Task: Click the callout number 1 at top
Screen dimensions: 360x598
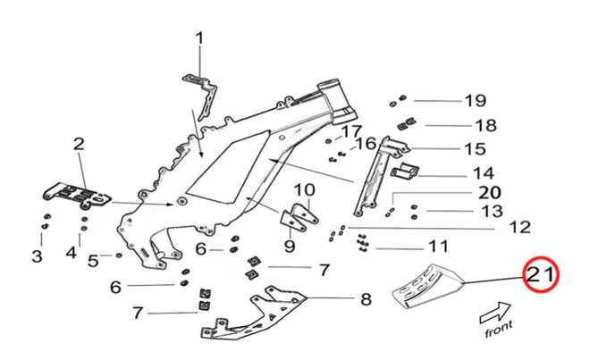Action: tap(199, 38)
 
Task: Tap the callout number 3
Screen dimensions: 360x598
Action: tap(37, 256)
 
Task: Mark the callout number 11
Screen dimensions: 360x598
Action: tap(437, 246)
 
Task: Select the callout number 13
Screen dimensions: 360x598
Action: tap(493, 211)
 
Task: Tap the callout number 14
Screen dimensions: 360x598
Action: tap(484, 173)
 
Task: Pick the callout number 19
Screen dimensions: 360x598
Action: tap(474, 100)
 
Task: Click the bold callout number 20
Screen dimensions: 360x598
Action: tap(491, 192)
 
